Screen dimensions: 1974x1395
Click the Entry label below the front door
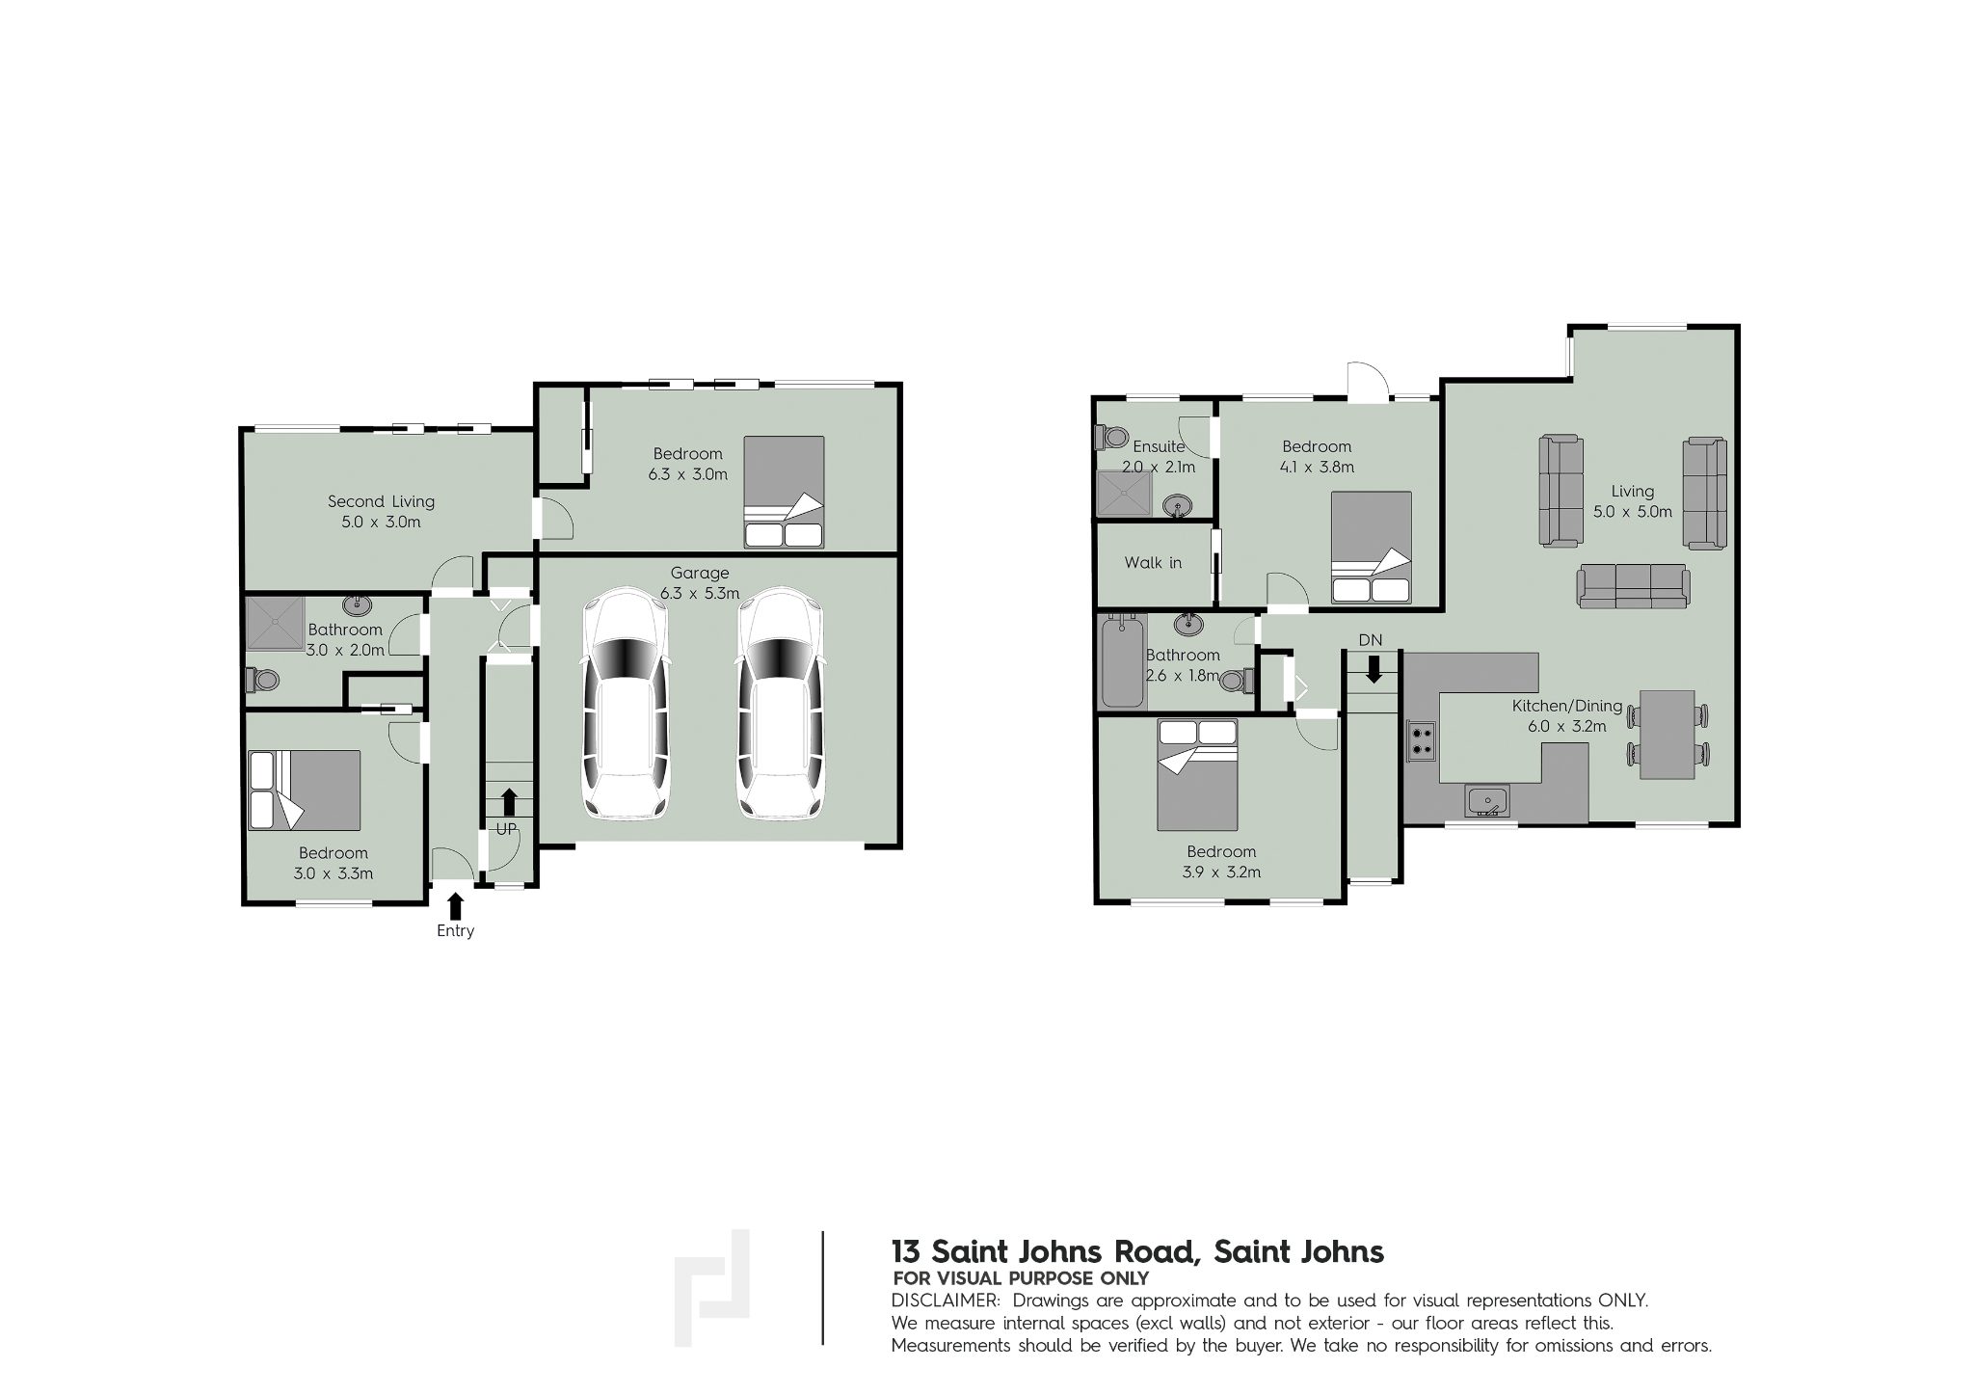pyautogui.click(x=455, y=931)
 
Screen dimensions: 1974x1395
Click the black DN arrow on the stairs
pyautogui.click(x=1374, y=668)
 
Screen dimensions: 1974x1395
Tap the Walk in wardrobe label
pyautogui.click(x=1153, y=563)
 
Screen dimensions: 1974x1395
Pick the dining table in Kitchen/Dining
pyautogui.click(x=1667, y=734)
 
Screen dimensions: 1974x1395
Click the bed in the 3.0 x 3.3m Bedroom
pyautogui.click(x=305, y=791)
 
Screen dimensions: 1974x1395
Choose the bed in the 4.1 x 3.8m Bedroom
pyautogui.click(x=1371, y=548)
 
